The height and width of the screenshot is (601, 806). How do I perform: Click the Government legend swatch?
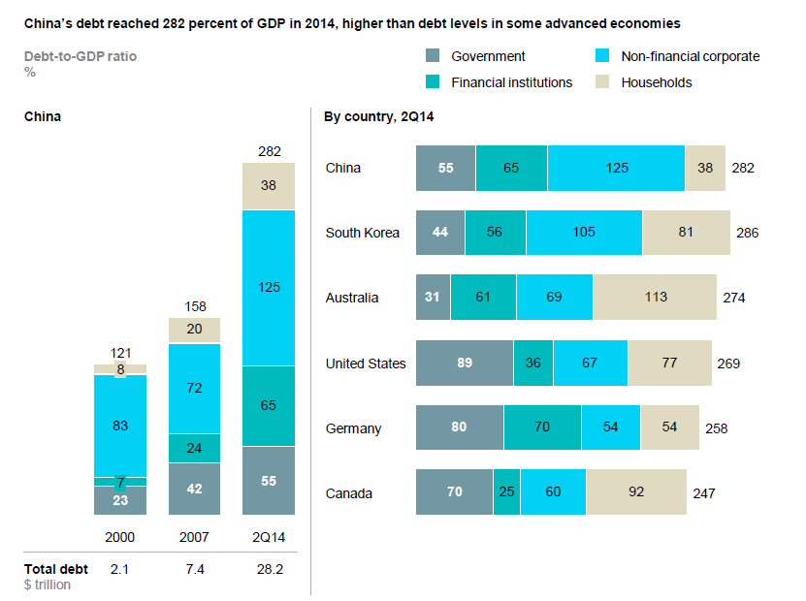tap(434, 56)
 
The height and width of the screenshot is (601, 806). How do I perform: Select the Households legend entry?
tap(657, 82)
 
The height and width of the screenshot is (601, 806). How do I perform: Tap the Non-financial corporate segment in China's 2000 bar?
tap(120, 425)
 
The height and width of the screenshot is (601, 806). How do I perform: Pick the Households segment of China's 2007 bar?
tap(194, 330)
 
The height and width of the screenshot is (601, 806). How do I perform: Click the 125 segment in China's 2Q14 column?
tap(269, 288)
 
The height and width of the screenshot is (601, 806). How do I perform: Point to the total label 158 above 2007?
tap(194, 307)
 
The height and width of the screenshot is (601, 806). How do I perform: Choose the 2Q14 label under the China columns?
tap(269, 536)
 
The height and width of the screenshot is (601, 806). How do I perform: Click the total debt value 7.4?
tap(194, 569)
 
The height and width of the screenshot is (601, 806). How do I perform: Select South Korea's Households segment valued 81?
tap(687, 233)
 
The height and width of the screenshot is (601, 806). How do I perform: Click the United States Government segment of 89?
tap(464, 364)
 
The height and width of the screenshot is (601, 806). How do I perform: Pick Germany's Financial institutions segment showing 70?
tap(542, 427)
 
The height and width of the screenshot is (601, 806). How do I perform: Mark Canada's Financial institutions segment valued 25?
tap(506, 492)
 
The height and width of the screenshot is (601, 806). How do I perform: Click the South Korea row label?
tap(362, 233)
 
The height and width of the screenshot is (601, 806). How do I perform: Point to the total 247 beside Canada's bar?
tap(704, 493)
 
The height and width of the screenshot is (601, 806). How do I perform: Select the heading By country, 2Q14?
tap(377, 117)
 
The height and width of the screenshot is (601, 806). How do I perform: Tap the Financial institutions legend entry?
tap(511, 82)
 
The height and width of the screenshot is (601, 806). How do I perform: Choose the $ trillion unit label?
tap(48, 584)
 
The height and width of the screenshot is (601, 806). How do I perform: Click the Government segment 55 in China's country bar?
tap(445, 168)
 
